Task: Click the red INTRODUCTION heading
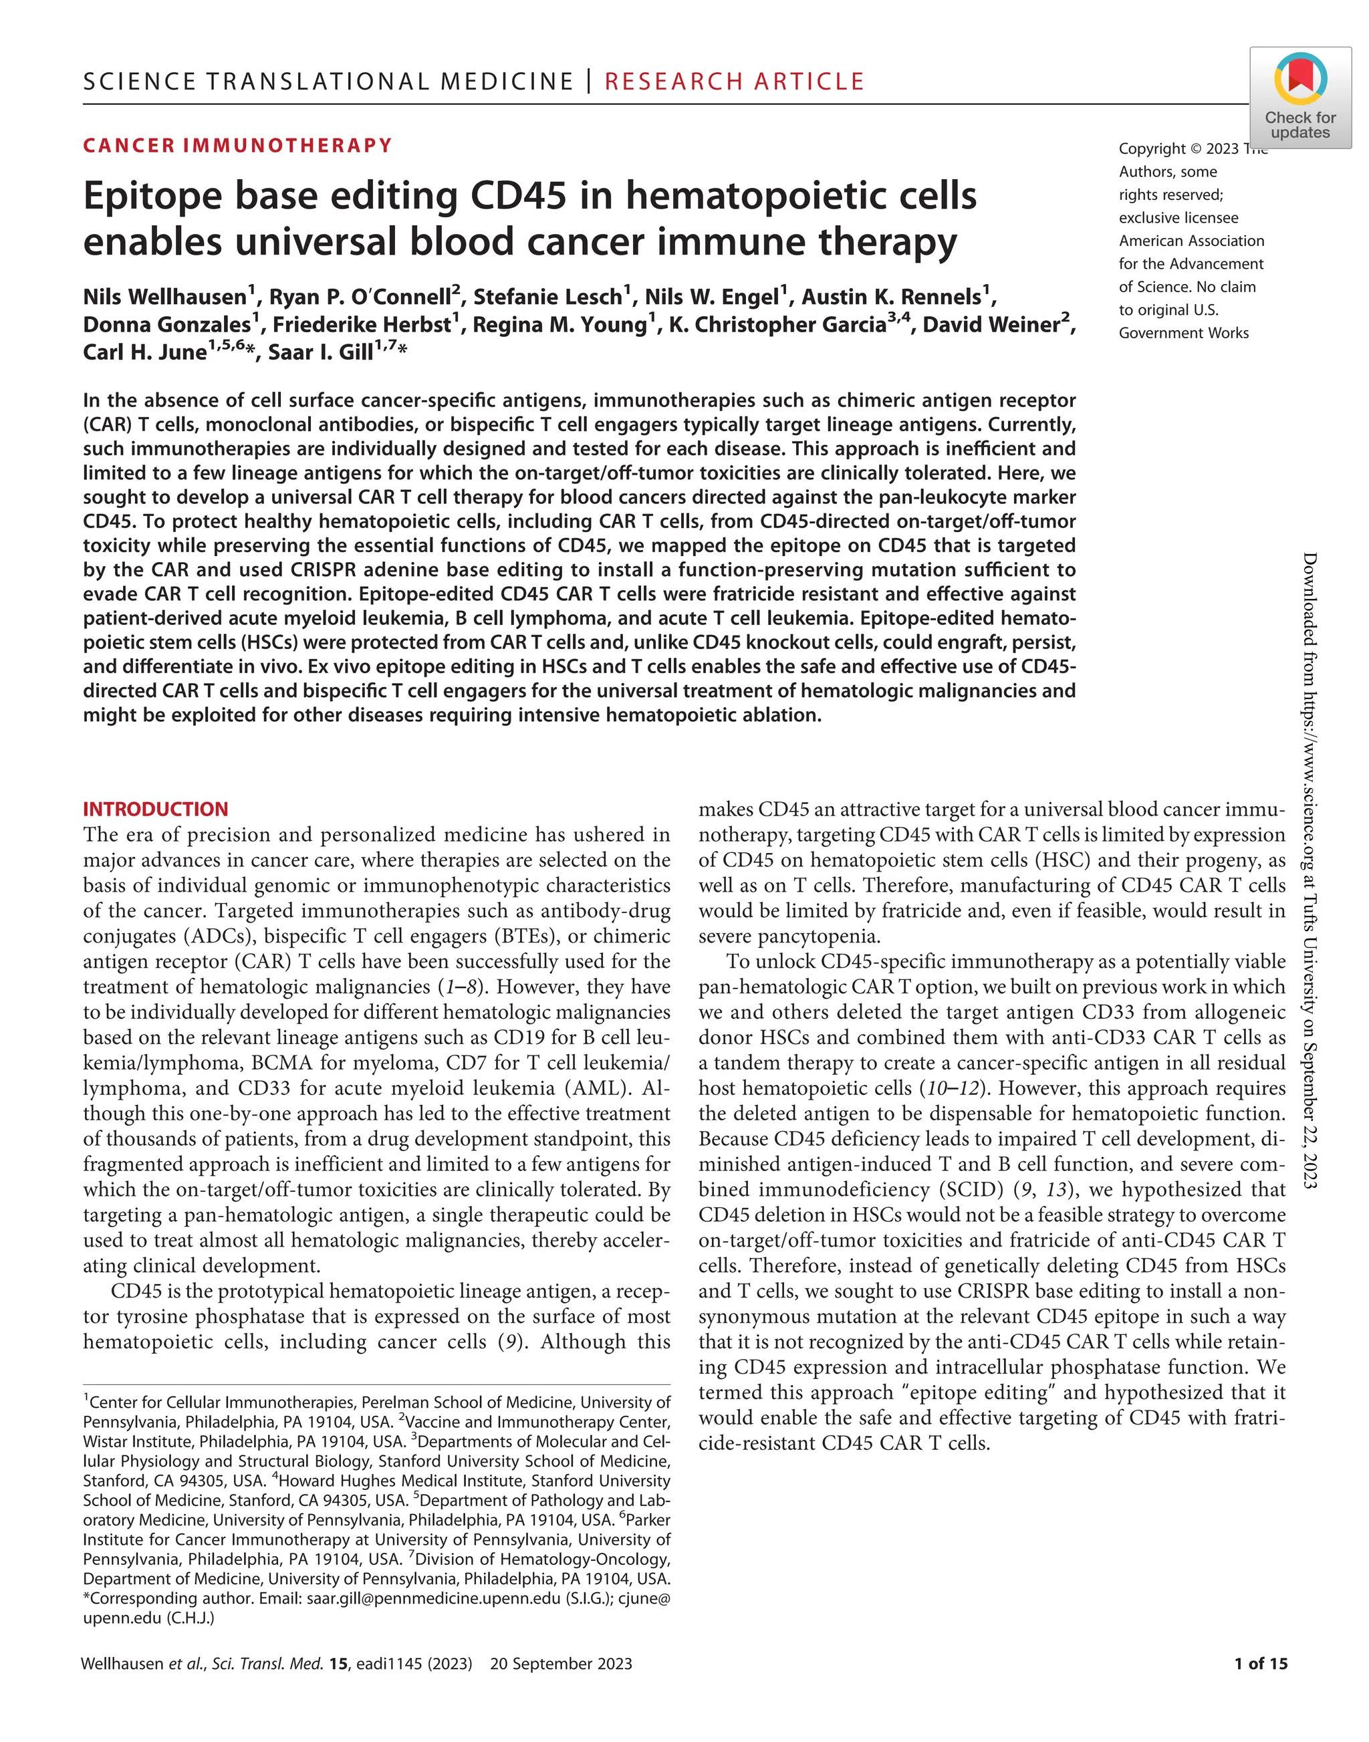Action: (156, 809)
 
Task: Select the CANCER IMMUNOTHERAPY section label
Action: (238, 146)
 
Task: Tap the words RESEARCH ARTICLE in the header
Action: (734, 82)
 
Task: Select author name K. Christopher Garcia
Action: (777, 325)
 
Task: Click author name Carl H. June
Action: (145, 353)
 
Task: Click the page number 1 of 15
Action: (1261, 1663)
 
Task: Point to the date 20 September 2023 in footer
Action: (561, 1663)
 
